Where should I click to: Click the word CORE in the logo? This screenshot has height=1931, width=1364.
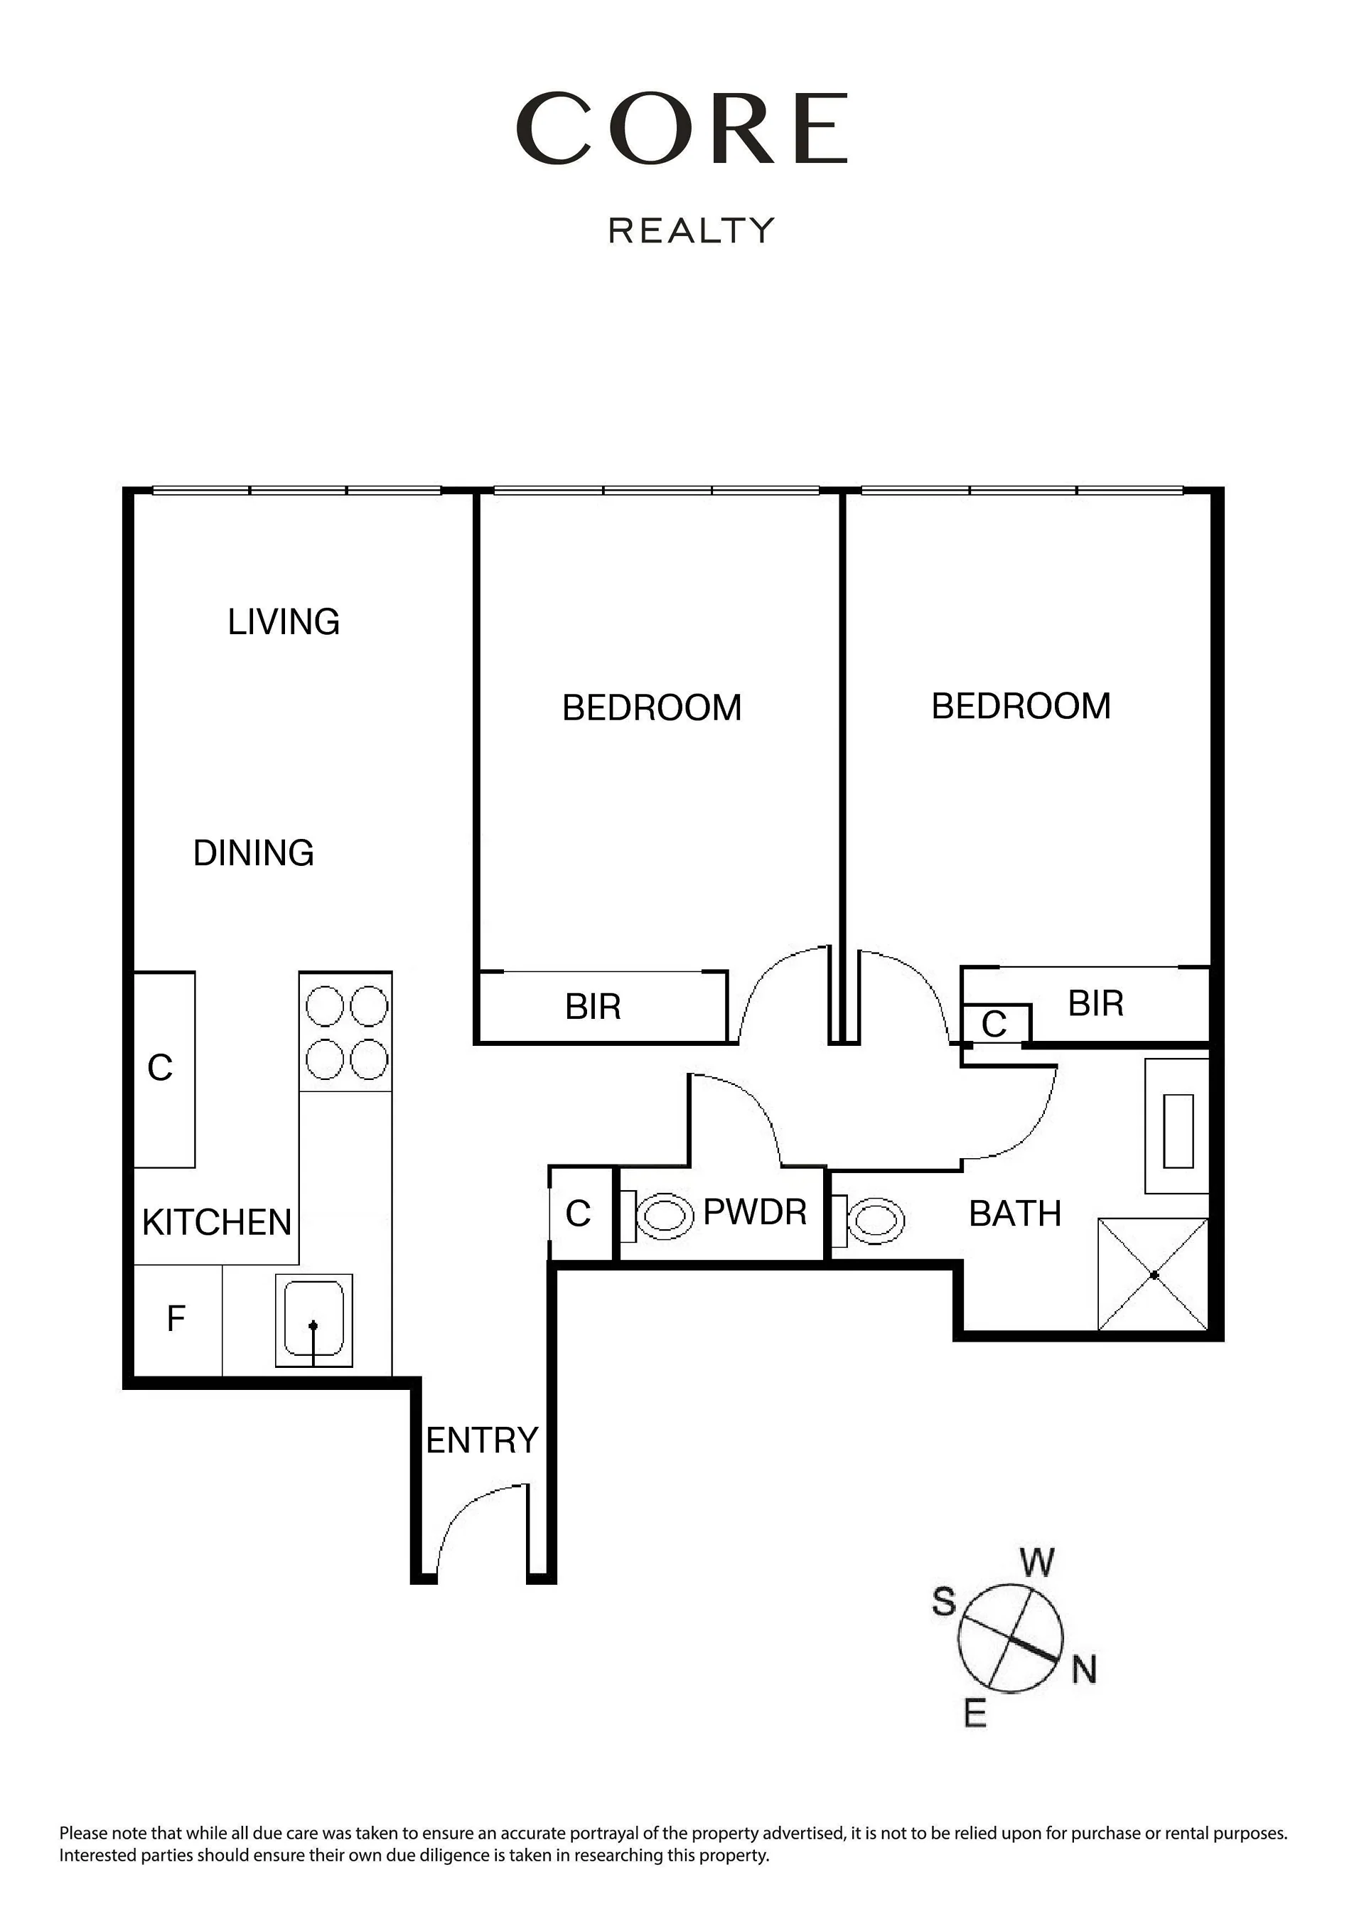tap(683, 129)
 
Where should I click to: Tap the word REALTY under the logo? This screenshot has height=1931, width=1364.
tap(692, 230)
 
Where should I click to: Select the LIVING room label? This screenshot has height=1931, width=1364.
tap(284, 622)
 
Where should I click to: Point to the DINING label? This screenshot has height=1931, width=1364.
tap(254, 852)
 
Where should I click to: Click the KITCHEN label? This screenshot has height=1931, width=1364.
tap(217, 1223)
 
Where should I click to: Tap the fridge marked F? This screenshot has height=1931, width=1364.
tap(176, 1319)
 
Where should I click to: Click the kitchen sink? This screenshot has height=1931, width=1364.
tap(313, 1320)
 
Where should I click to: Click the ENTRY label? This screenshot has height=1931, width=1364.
tap(482, 1440)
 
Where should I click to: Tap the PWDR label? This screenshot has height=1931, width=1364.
tap(755, 1212)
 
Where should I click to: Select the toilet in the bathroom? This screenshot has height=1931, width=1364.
tap(868, 1219)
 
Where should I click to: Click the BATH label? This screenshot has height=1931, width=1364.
tap(1015, 1214)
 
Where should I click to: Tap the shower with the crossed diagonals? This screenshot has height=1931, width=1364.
tap(1153, 1274)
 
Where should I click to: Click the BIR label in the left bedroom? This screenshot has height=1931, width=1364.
tap(593, 1007)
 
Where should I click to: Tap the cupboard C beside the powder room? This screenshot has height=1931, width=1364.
tap(579, 1214)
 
